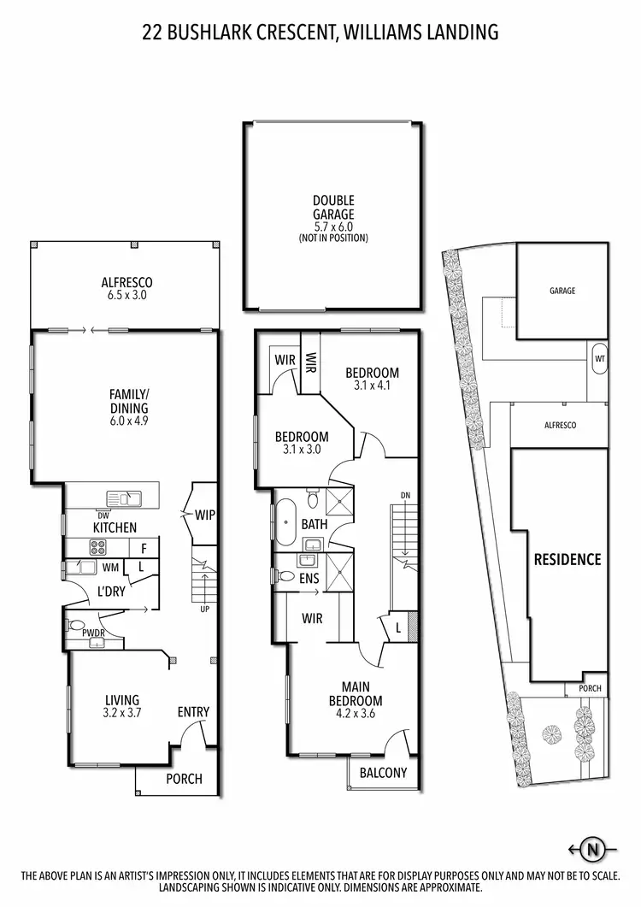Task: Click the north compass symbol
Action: (591, 849)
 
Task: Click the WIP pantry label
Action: (204, 515)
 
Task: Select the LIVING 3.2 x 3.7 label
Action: (116, 706)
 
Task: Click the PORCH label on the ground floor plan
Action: (184, 779)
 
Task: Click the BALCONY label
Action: (383, 773)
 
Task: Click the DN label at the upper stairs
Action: (405, 496)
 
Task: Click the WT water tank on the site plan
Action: (599, 359)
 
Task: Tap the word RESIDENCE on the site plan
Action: (567, 560)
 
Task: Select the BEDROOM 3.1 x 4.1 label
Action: (372, 379)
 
